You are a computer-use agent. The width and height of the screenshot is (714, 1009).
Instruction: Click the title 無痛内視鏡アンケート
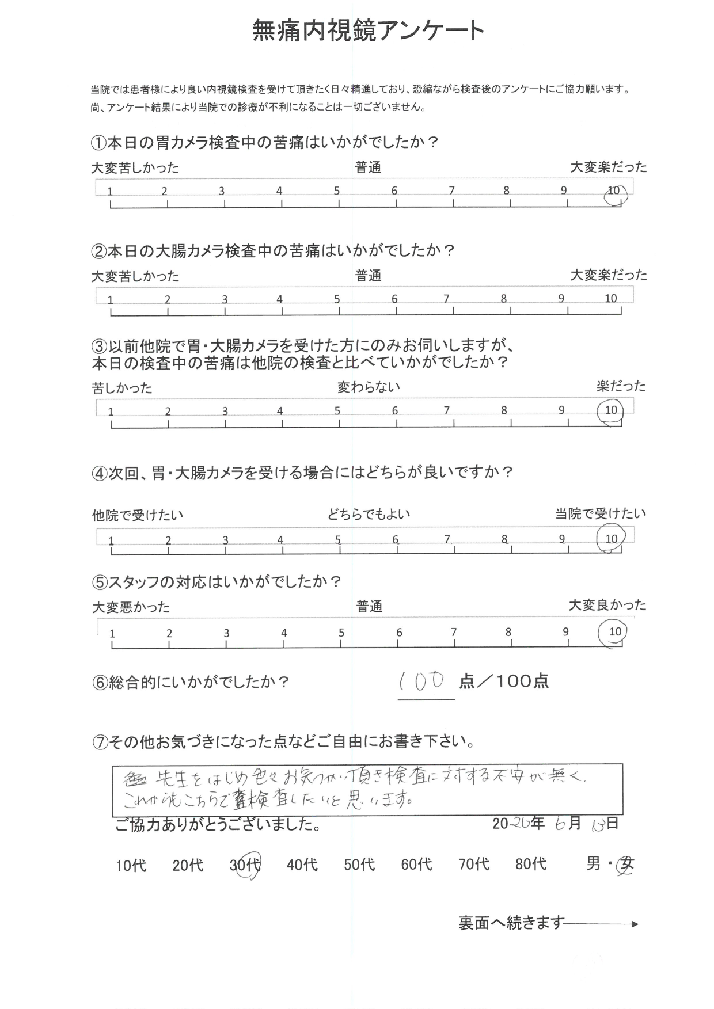369,31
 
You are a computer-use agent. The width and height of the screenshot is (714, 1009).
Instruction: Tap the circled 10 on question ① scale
614,192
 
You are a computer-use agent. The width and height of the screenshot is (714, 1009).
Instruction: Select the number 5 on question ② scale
337,299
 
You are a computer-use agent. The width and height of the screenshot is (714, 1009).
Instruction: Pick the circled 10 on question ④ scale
611,539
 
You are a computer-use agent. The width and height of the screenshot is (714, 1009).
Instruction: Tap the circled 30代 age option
246,865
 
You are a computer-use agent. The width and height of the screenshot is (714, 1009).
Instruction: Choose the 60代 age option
416,864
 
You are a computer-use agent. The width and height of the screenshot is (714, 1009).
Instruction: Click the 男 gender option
593,863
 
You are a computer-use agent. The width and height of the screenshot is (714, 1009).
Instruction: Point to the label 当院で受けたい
601,514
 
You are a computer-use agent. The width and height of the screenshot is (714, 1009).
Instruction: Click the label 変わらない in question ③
369,387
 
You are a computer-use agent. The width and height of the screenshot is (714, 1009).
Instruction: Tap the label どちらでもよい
369,514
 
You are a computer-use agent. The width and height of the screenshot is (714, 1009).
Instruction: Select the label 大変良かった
607,605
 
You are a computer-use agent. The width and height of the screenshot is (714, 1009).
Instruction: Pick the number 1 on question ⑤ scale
112,634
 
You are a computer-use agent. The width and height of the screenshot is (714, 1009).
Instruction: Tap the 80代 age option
531,864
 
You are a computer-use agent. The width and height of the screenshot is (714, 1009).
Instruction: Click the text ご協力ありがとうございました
218,825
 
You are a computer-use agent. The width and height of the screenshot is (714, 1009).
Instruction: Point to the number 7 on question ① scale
452,191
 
